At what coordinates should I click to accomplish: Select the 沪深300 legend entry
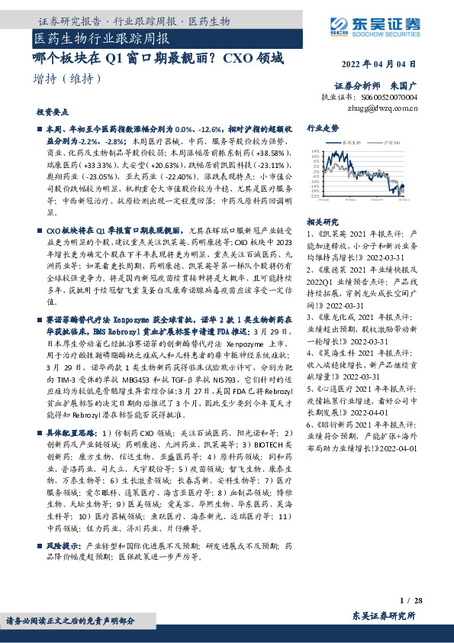(390, 142)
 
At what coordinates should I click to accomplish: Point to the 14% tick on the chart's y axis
(314, 151)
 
